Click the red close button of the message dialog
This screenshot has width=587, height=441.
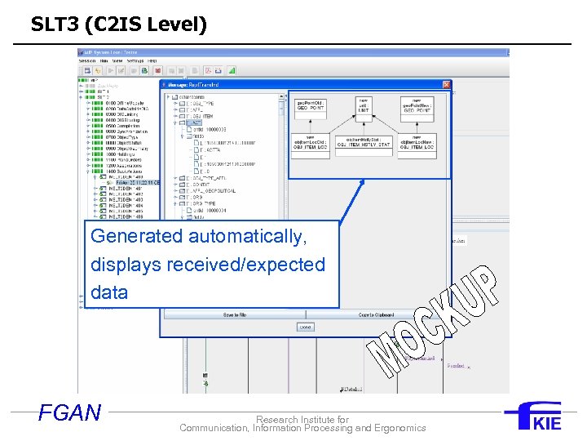[446, 84]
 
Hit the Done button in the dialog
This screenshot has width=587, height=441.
[305, 327]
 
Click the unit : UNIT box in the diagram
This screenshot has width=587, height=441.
[364, 107]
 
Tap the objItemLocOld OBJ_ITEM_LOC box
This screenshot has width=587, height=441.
[310, 143]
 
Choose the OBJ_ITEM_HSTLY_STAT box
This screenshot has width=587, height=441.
[364, 143]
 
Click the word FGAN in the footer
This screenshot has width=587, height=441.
[70, 413]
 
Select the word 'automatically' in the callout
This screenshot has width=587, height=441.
[247, 237]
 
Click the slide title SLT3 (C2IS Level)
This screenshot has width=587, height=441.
[119, 24]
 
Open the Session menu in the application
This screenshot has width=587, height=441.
[87, 60]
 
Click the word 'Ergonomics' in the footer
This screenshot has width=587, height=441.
[395, 428]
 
